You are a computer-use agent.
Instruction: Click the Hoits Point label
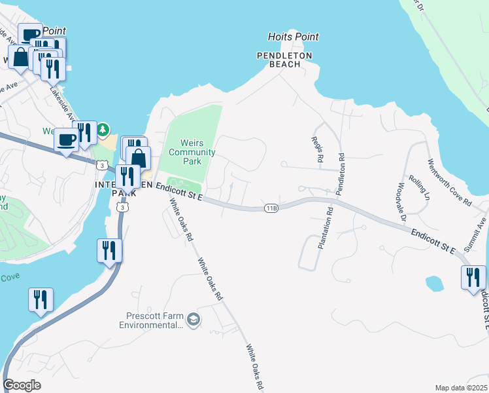pos(294,37)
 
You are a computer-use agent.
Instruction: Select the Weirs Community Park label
pos(192,152)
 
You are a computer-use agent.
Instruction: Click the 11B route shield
pos(271,208)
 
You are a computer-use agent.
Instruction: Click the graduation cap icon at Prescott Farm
pos(194,319)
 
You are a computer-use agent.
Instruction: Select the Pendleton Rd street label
pos(339,174)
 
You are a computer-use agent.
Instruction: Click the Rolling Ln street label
pos(419,187)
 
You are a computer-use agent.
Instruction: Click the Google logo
pos(22,384)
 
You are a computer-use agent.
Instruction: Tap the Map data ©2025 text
pos(460,388)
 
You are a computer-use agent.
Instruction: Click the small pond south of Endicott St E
pos(434,283)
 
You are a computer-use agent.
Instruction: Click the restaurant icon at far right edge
pos(473,278)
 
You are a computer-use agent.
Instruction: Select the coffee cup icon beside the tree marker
pos(65,140)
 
